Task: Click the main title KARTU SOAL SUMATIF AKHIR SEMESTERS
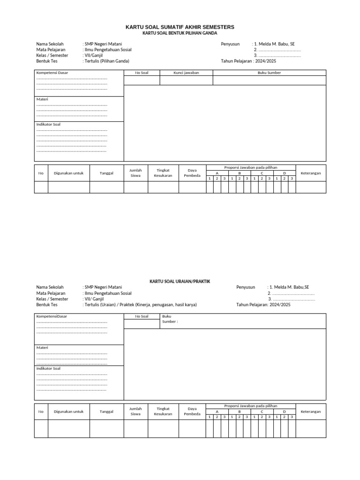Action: pyautogui.click(x=180, y=28)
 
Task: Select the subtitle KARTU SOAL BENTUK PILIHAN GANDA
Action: pyautogui.click(x=180, y=33)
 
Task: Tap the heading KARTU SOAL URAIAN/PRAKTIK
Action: pyautogui.click(x=180, y=281)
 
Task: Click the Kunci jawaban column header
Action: pyautogui.click(x=186, y=73)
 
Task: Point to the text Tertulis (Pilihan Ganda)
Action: pyautogui.click(x=106, y=61)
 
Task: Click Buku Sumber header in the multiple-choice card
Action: pyautogui.click(x=269, y=73)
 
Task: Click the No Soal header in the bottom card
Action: pyautogui.click(x=142, y=316)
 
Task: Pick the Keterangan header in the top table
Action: pyautogui.click(x=311, y=173)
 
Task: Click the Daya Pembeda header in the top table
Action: pyautogui.click(x=192, y=173)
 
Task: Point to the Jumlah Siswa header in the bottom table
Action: pyautogui.click(x=135, y=411)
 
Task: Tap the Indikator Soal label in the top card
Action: pyautogui.click(x=48, y=124)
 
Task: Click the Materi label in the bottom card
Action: pyautogui.click(x=42, y=347)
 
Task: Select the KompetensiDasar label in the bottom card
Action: pyautogui.click(x=52, y=316)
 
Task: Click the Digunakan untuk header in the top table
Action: pyautogui.click(x=68, y=173)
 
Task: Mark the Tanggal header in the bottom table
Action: pyautogui.click(x=106, y=411)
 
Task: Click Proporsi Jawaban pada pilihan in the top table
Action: pyautogui.click(x=251, y=167)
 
